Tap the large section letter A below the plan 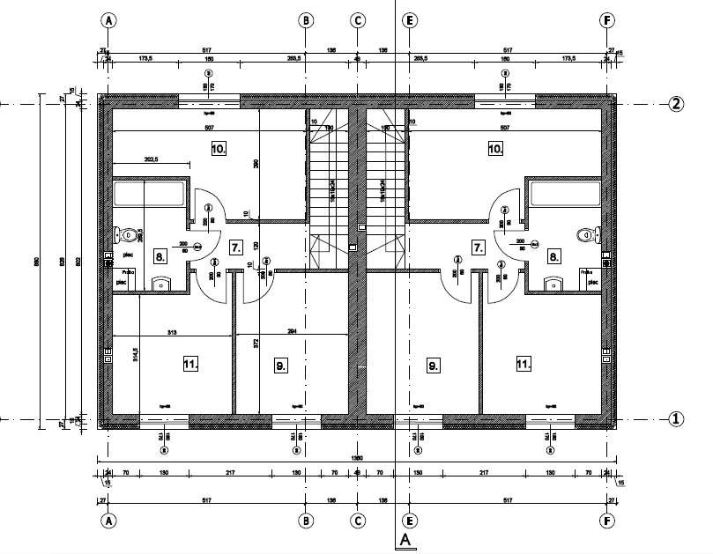[x=405, y=539]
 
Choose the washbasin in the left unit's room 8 [x=161, y=284]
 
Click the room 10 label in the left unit [x=219, y=149]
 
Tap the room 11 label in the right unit [x=524, y=363]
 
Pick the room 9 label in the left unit [x=281, y=364]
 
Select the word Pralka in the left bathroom [x=128, y=272]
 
